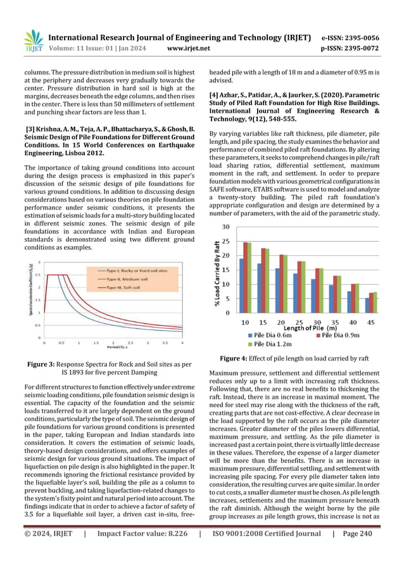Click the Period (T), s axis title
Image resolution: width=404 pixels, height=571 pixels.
coord(113,349)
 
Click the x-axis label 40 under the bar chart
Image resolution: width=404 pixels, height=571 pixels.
coord(355,322)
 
